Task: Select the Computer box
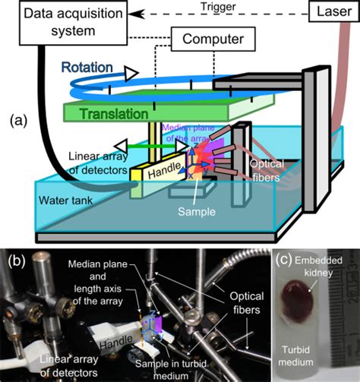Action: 207,38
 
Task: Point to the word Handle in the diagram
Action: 162,172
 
